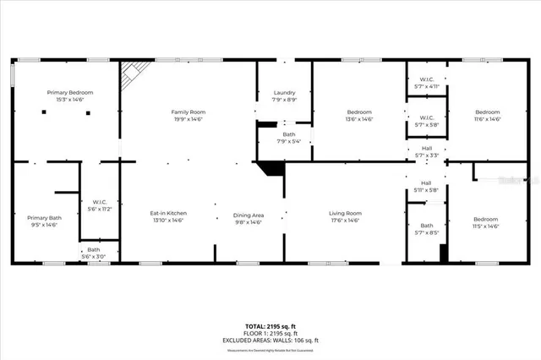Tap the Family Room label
(x=188, y=112)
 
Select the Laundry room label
(x=284, y=92)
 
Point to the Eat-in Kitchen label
(x=168, y=213)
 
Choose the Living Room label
(x=345, y=213)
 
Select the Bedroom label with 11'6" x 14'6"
(x=487, y=112)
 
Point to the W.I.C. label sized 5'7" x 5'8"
(x=426, y=117)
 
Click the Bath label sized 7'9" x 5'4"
(x=289, y=134)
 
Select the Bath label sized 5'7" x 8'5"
(x=426, y=226)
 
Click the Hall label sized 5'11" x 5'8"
(x=426, y=183)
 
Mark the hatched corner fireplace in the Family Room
(x=129, y=74)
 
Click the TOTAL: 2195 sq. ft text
(x=270, y=325)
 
